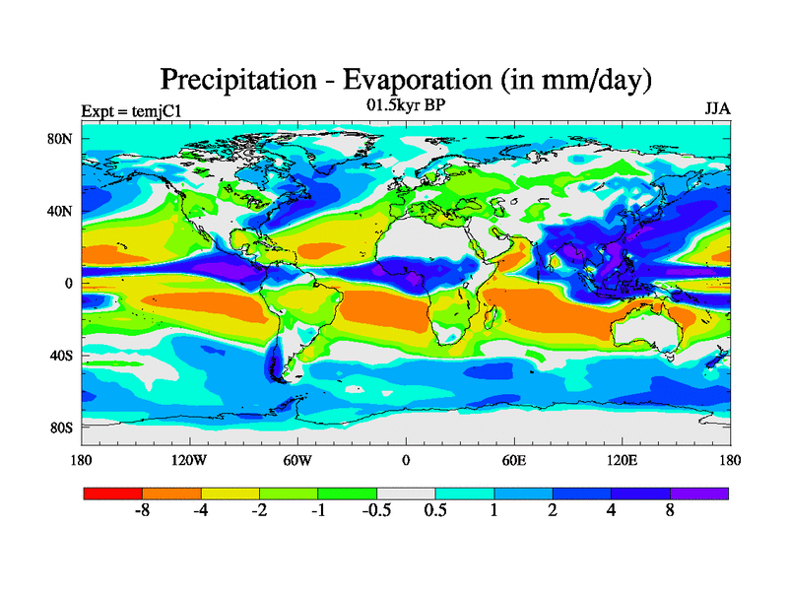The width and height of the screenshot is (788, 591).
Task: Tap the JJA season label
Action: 717,108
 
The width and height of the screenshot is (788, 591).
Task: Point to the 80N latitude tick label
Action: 61,139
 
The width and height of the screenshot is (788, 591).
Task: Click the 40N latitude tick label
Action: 61,211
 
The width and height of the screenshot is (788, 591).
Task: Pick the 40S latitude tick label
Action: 61,355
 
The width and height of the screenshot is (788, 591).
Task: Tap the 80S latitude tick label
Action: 61,427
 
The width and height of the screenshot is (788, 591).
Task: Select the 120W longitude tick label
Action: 189,460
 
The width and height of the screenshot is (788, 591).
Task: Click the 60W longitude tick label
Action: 297,460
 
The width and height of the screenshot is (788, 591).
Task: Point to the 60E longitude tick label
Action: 514,460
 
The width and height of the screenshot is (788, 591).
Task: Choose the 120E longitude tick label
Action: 623,460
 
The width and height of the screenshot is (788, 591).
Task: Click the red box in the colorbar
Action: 112,492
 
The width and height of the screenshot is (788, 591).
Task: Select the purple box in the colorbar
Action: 699,492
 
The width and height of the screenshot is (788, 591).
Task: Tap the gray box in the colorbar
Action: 406,492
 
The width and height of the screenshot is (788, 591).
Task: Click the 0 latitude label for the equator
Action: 70,283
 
